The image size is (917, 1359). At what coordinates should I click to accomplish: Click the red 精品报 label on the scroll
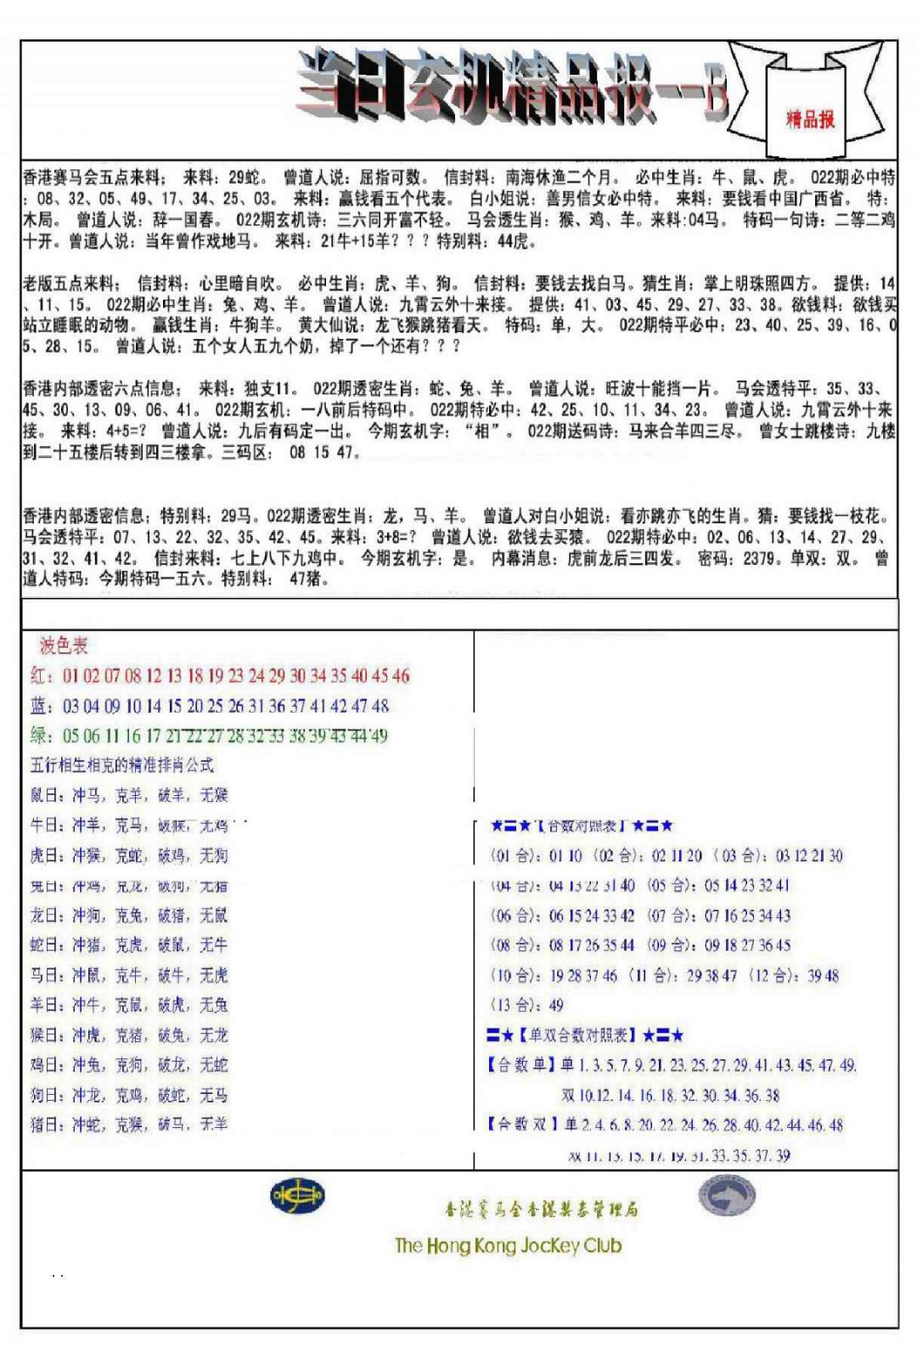point(810,119)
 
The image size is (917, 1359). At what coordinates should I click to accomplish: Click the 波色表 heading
point(64,646)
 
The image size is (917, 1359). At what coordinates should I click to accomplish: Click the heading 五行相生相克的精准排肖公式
point(121,764)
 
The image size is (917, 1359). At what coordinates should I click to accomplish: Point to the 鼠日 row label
point(45,795)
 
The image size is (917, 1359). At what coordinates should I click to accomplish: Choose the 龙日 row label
point(45,915)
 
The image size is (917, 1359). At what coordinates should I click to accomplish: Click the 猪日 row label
point(45,1125)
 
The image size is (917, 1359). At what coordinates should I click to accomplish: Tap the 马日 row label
point(45,975)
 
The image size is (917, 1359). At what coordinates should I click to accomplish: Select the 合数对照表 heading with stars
point(582,826)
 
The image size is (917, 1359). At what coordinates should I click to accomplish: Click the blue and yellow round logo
point(296,1196)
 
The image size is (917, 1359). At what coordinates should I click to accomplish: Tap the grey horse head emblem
point(727,1196)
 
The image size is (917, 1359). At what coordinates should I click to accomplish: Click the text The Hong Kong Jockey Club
point(508,1246)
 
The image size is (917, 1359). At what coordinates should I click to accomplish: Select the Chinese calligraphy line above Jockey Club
point(541,1209)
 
